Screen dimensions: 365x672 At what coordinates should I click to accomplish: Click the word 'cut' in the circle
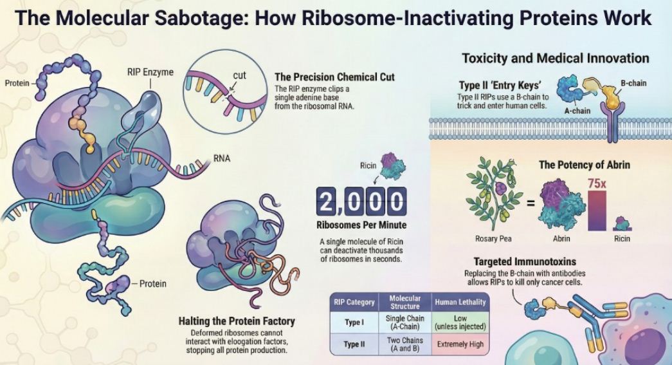click(x=239, y=75)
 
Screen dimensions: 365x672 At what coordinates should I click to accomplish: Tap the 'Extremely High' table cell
click(x=460, y=344)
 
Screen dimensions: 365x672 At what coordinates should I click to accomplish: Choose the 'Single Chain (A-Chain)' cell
click(x=406, y=323)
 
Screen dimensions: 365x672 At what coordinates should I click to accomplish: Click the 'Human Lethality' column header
click(x=460, y=302)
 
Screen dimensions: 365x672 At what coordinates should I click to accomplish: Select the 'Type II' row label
click(x=354, y=344)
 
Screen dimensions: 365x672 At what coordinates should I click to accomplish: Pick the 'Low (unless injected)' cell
click(x=460, y=323)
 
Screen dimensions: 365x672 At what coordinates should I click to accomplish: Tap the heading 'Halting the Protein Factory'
click(x=237, y=321)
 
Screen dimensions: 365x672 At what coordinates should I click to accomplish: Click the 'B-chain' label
click(x=633, y=83)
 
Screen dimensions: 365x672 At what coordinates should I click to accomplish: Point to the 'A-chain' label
click(x=577, y=110)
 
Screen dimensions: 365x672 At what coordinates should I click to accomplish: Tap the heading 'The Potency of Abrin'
click(x=584, y=165)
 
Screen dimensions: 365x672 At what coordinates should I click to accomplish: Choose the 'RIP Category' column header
click(x=354, y=302)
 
